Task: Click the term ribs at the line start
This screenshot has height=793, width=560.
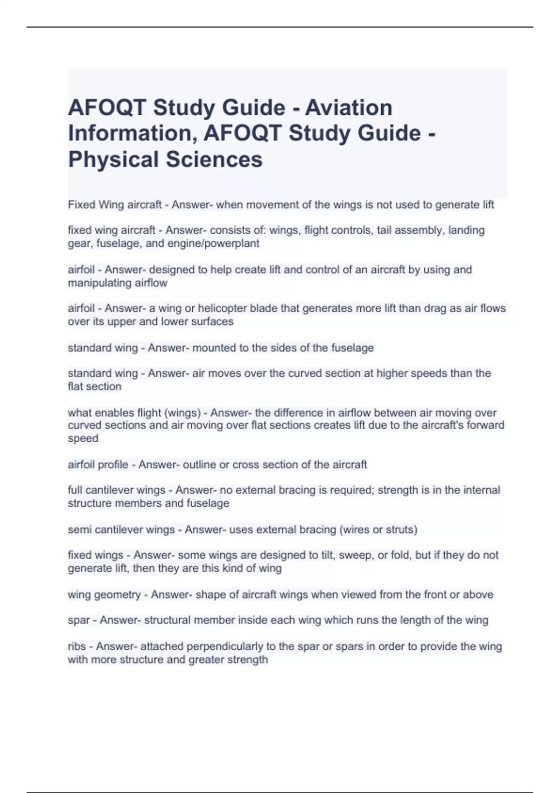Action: coord(77,647)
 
